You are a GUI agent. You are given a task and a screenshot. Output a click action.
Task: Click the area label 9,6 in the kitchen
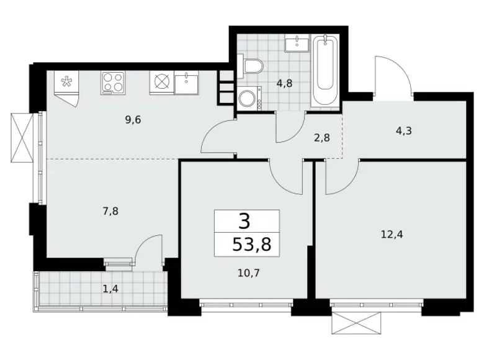(x=133, y=120)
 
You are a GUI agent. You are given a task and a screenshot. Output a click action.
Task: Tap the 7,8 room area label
(x=112, y=211)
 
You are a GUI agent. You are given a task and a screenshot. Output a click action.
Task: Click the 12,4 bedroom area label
(x=391, y=234)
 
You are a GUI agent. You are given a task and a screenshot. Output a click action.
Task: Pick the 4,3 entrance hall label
(x=403, y=132)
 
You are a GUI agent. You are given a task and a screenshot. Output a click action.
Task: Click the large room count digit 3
(x=246, y=220)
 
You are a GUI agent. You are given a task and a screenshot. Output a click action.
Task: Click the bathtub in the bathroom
(x=325, y=71)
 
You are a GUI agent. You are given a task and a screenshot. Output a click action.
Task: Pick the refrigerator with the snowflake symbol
(x=66, y=83)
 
